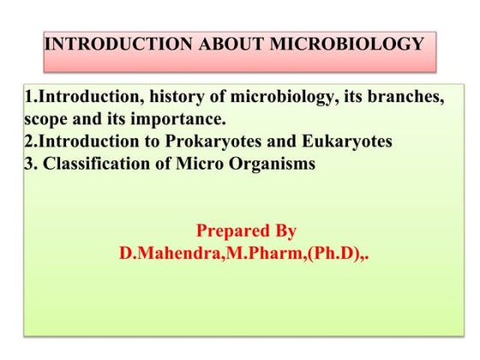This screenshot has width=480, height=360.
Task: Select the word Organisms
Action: click(x=273, y=164)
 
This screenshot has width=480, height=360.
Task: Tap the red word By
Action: click(x=285, y=231)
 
